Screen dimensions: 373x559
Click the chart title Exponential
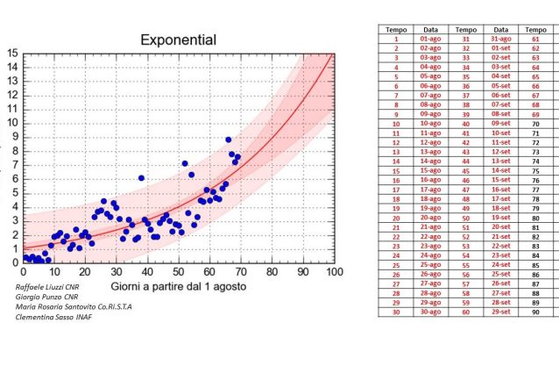[x=180, y=40]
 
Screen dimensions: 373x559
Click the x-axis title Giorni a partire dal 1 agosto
[x=178, y=287]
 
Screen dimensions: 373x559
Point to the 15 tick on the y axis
[x=12, y=54]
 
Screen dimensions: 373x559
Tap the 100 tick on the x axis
[x=334, y=272]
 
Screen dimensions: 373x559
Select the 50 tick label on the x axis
[x=179, y=272]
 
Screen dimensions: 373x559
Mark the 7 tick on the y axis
[x=13, y=164]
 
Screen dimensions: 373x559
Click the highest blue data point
[x=229, y=140]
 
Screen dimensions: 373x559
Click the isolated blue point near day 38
[x=141, y=178]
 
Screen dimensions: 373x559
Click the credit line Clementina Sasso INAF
[x=54, y=317]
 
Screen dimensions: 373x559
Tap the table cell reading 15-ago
[x=430, y=169]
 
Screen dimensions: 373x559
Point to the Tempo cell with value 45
[x=465, y=169]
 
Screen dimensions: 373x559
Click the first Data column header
[x=431, y=29]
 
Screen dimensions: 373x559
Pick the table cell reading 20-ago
[x=430, y=216]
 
